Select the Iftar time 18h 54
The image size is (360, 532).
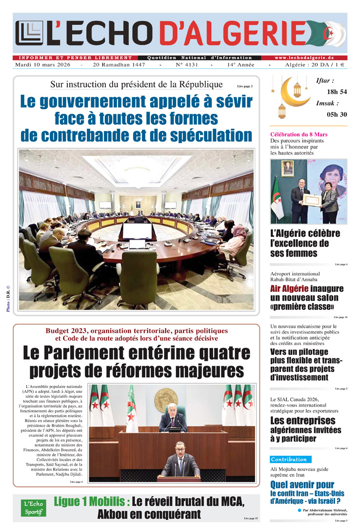coord(337,92)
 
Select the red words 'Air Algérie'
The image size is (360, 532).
coord(289,289)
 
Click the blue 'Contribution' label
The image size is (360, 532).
coord(290,459)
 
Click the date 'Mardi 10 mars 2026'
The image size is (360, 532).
coord(42,65)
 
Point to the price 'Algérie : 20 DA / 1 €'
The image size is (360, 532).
coord(315,65)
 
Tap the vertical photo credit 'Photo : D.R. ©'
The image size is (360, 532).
coord(8,298)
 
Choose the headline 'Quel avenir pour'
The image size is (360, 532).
coord(302,485)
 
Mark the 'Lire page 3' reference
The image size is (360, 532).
coord(245,86)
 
